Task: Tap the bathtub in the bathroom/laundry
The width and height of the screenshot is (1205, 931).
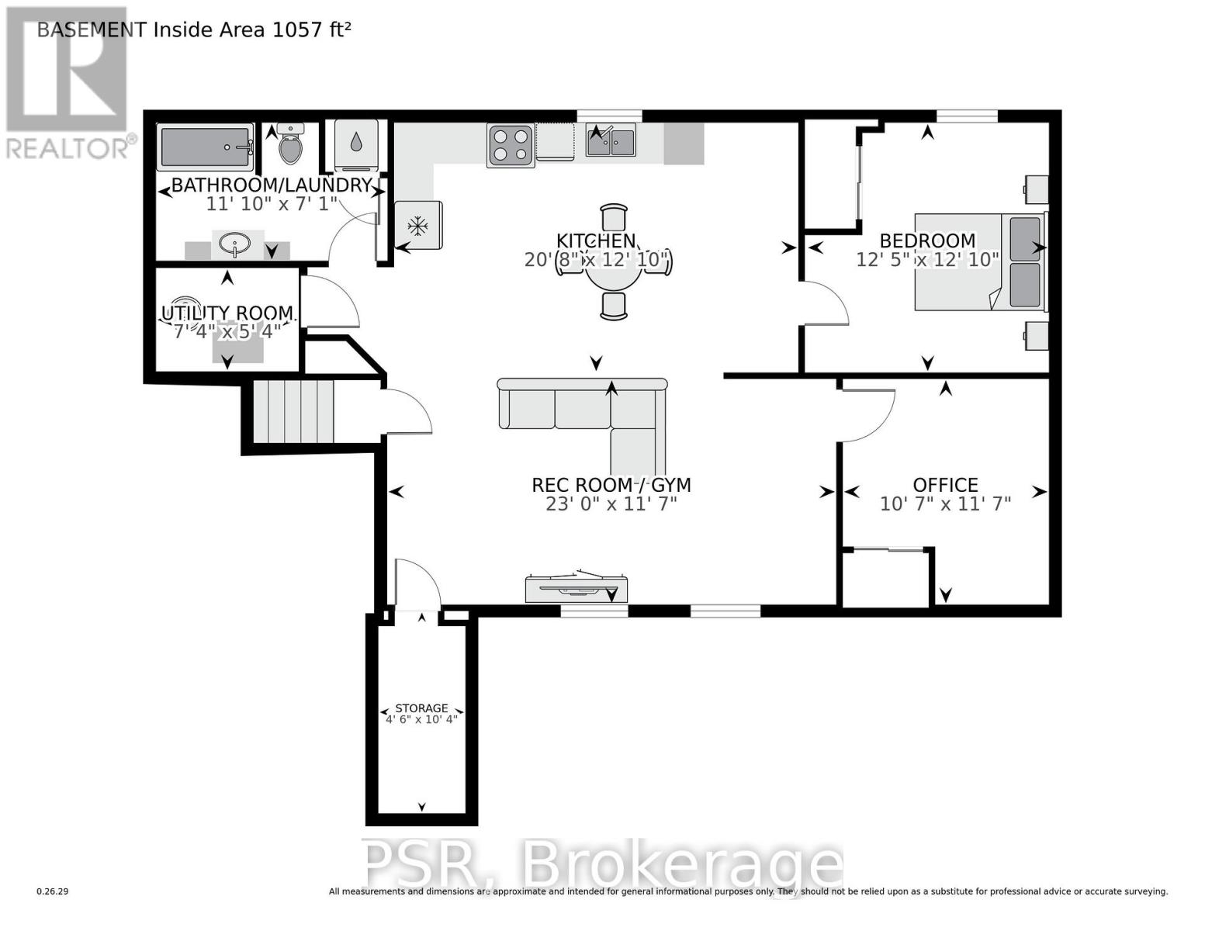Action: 206,147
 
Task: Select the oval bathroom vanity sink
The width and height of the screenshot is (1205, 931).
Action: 235,245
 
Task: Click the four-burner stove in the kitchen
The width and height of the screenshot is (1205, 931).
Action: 511,145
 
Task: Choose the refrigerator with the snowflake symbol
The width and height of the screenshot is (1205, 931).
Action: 418,226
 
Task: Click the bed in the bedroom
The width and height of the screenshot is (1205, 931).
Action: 980,262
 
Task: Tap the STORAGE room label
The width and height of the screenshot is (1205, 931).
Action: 421,708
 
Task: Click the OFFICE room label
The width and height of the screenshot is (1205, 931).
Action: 945,486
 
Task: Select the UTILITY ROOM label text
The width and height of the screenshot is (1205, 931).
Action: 227,314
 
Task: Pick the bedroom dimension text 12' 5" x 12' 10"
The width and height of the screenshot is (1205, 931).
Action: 927,259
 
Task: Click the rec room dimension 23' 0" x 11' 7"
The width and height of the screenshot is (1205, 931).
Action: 611,504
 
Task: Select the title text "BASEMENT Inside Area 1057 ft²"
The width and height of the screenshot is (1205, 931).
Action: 194,29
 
